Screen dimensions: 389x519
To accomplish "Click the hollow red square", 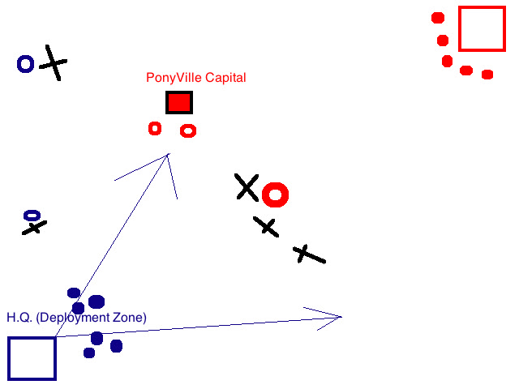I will [x=482, y=28].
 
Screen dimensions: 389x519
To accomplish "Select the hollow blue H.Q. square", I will [x=32, y=358].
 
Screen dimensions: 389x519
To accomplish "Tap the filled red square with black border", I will [x=179, y=102].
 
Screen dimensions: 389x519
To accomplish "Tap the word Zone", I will [x=129, y=318].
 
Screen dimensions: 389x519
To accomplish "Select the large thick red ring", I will [x=276, y=194].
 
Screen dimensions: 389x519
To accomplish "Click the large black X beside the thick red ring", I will [x=247, y=187].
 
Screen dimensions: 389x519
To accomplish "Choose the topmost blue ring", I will [x=26, y=63].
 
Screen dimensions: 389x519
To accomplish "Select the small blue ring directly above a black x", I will [x=32, y=215].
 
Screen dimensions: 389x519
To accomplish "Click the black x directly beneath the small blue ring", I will [x=33, y=228].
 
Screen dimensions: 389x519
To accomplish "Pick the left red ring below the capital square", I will [x=155, y=128].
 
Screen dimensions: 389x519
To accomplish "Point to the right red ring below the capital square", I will [x=188, y=130].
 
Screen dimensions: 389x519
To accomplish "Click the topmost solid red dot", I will [x=438, y=18].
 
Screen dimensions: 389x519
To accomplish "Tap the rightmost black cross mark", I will [x=308, y=254].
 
